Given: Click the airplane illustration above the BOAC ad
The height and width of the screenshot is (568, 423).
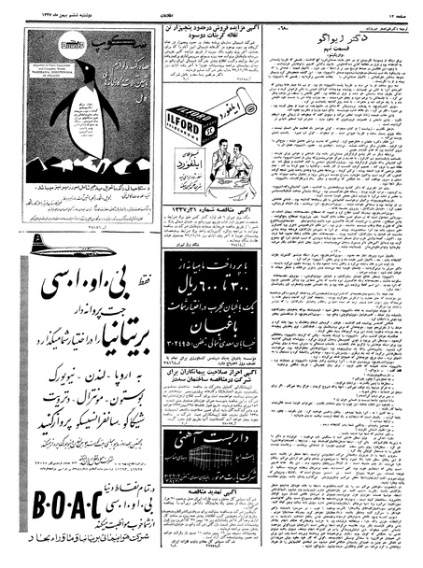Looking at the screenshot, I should tap(56, 245).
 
